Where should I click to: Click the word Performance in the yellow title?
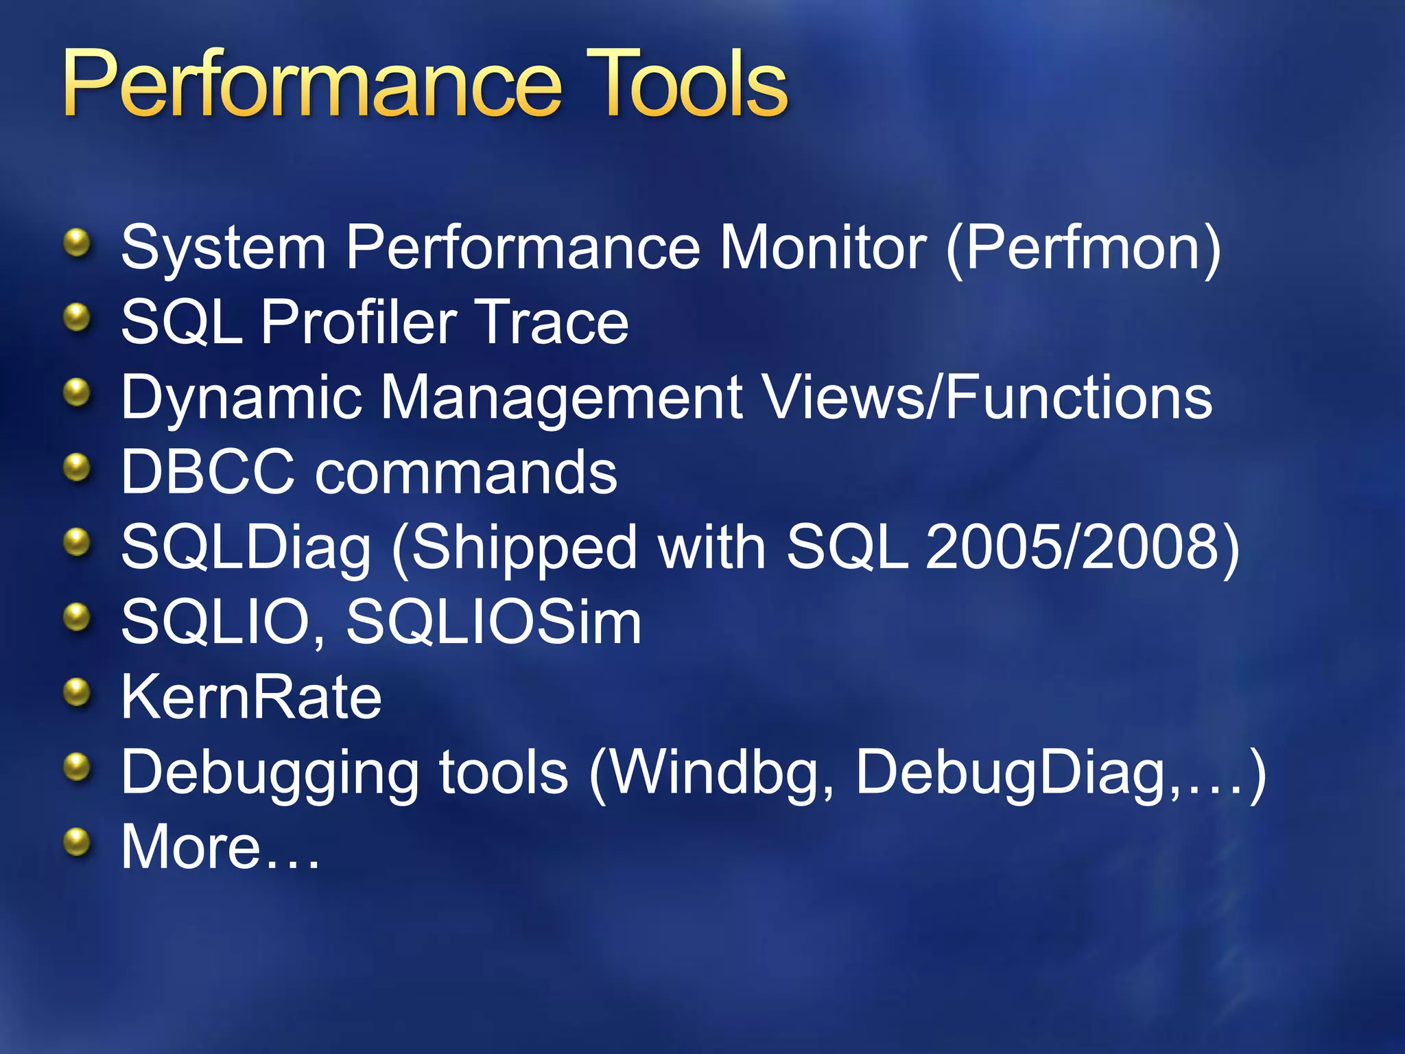(312, 86)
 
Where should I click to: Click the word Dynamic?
(240, 398)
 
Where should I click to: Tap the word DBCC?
(207, 472)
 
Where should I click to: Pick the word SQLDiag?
(246, 548)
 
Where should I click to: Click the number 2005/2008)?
(1083, 548)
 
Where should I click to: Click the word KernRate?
(251, 697)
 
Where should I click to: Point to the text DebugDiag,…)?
(1060, 773)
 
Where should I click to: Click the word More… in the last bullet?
(220, 847)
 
